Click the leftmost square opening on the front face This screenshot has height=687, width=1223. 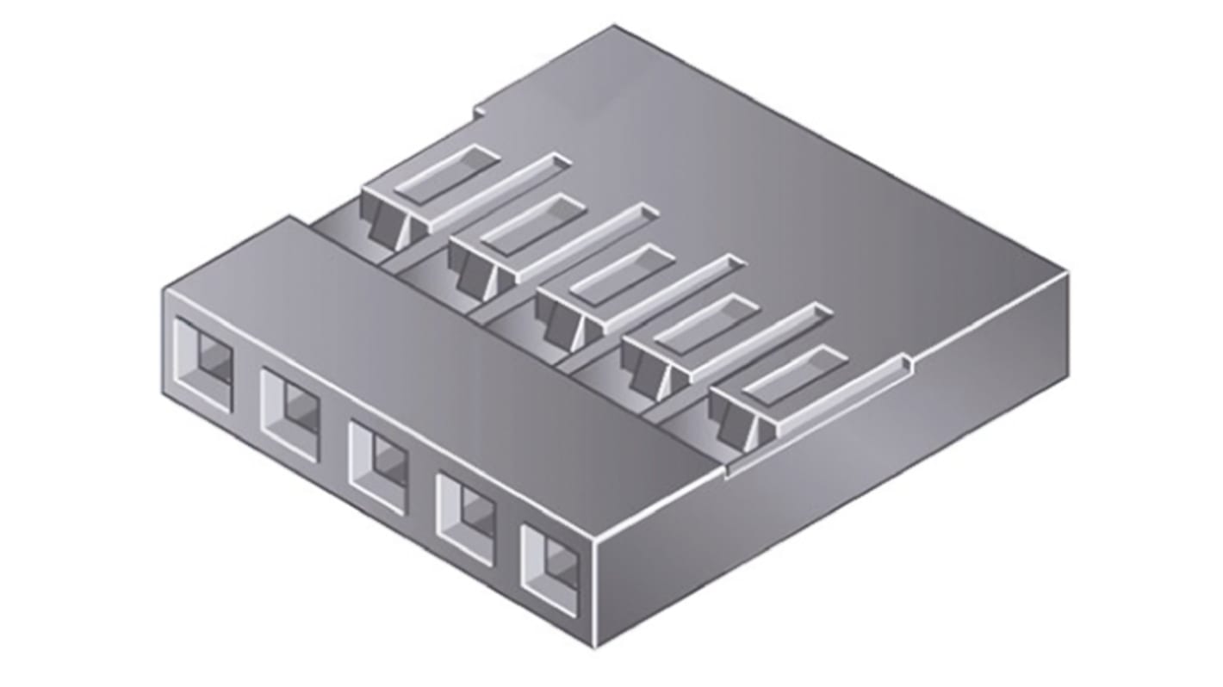click(x=203, y=364)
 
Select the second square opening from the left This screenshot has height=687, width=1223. click(x=291, y=414)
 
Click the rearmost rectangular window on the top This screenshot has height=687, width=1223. click(x=446, y=174)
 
